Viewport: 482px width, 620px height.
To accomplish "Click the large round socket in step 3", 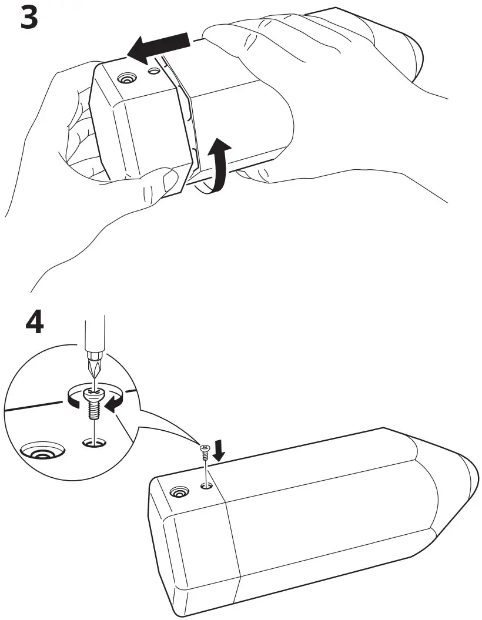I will pos(125,79).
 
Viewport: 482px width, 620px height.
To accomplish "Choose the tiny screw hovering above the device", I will pos(205,453).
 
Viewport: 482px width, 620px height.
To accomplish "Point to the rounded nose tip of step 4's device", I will pos(470,473).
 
